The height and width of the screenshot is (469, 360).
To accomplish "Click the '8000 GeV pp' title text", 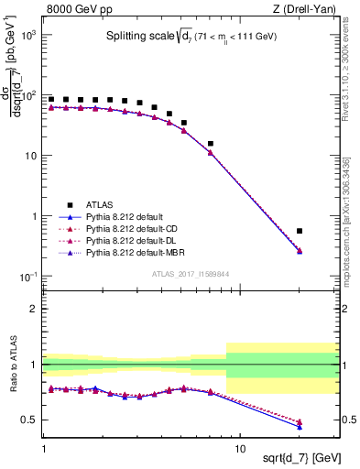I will click(x=76, y=10).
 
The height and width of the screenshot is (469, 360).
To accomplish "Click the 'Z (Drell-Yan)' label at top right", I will click(x=308, y=10).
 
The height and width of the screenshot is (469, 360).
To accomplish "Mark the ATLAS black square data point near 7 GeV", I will click(x=211, y=144).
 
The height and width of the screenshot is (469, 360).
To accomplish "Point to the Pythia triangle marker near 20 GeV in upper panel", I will click(x=300, y=251).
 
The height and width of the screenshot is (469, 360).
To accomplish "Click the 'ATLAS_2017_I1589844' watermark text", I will click(x=190, y=273).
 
